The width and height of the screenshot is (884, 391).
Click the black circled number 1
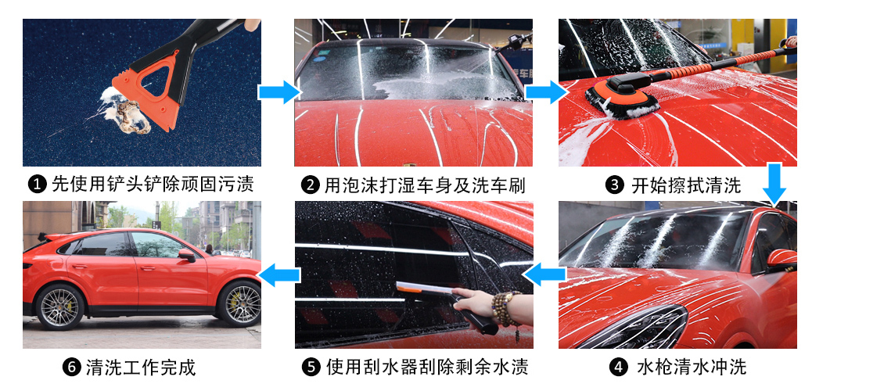pos(38,185)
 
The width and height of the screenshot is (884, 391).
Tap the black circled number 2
pos(310,185)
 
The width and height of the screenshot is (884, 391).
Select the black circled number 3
pos(615,185)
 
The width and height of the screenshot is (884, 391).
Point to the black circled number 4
pos(619,368)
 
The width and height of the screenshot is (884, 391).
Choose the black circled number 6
pos(71,368)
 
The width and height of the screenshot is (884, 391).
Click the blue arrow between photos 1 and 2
pos(280,91)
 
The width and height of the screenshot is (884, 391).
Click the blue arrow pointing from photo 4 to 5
pos(544,275)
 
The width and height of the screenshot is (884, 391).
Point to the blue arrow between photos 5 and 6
pos(279,275)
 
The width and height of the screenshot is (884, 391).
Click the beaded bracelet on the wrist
pos(504,310)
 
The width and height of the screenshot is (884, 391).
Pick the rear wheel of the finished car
pos(59,307)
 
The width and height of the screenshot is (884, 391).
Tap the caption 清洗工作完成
pos(141,368)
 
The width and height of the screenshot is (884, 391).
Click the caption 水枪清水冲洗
pos(692,368)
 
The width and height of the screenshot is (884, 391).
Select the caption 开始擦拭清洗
pos(686,185)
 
